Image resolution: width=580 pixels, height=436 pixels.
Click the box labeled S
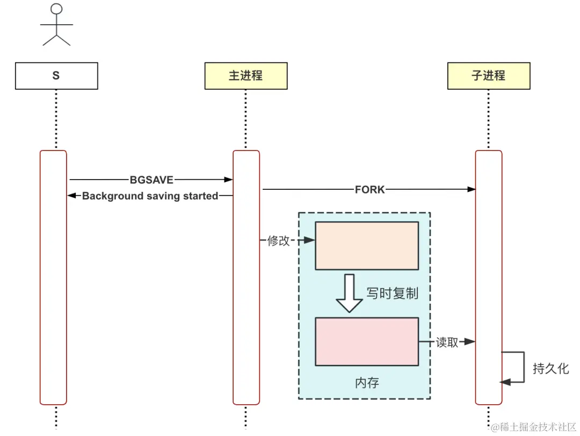click(56, 76)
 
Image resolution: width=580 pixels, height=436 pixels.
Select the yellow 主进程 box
click(245, 76)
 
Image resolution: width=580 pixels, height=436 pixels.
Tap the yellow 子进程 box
click(489, 76)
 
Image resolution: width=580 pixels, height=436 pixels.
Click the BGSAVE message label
click(151, 180)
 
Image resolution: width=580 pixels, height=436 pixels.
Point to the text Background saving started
click(150, 196)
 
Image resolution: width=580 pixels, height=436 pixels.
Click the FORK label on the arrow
click(369, 189)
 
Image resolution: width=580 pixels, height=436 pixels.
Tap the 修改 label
click(278, 241)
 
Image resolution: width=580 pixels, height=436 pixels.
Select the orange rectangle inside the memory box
click(366, 245)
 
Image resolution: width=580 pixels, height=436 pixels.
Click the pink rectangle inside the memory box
click(366, 341)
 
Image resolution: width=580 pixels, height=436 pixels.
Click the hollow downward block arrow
click(350, 292)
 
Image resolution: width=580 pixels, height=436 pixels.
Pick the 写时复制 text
click(392, 294)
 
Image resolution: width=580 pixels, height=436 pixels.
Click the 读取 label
click(447, 342)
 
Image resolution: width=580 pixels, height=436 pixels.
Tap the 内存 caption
click(367, 383)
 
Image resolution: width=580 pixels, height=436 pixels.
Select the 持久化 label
click(550, 369)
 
